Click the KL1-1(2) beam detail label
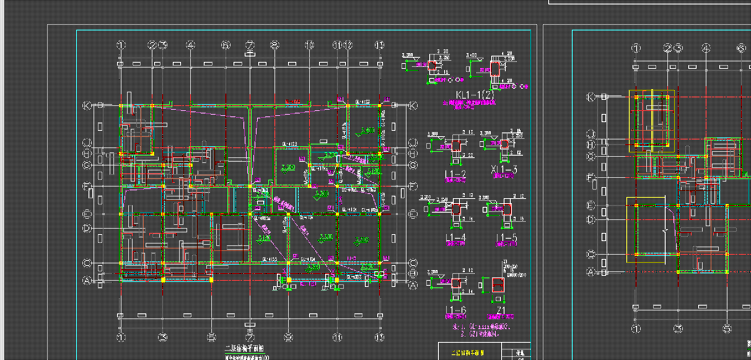pyautogui.click(x=474, y=94)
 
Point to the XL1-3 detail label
pyautogui.click(x=504, y=170)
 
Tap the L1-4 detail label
pyautogui.click(x=455, y=238)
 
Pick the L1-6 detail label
pyautogui.click(x=455, y=310)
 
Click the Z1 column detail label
pyautogui.click(x=501, y=310)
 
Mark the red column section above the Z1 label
pyautogui.click(x=498, y=284)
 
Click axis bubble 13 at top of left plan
pyautogui.click(x=379, y=45)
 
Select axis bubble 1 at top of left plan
pyautogui.click(x=121, y=45)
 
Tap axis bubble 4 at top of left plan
pyautogui.click(x=191, y=45)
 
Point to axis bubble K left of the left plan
pyautogui.click(x=87, y=106)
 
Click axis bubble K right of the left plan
pyautogui.click(x=413, y=106)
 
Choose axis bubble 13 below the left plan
pyautogui.click(x=379, y=337)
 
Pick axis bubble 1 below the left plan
pyautogui.click(x=121, y=337)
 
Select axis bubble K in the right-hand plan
pyautogui.click(x=591, y=97)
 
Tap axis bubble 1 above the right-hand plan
pyautogui.click(x=636, y=48)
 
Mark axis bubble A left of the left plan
pyautogui.click(x=87, y=281)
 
